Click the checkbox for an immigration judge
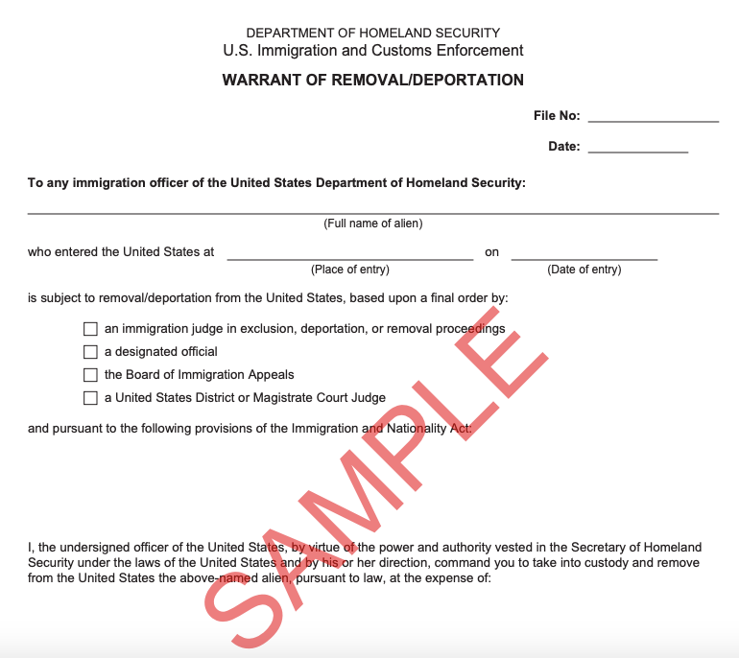[x=91, y=329]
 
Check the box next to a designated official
[x=91, y=352]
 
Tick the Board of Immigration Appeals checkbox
[x=91, y=375]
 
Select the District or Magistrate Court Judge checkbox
[x=91, y=398]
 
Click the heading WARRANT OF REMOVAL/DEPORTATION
[x=373, y=81]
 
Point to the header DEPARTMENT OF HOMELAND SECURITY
[x=373, y=34]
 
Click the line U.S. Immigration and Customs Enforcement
[x=373, y=51]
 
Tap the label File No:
[x=557, y=116]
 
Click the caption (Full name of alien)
[x=373, y=223]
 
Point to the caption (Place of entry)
[x=350, y=270]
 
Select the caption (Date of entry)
[x=584, y=270]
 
